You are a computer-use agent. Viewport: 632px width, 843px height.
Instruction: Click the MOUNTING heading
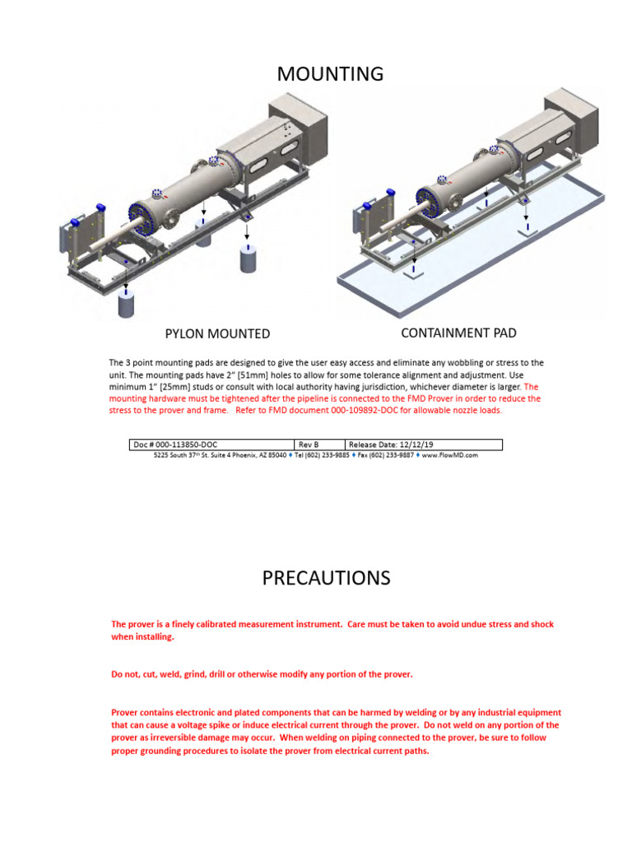330,74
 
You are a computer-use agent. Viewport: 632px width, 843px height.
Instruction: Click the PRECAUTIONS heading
326,578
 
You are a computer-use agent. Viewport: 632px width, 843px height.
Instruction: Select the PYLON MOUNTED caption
217,333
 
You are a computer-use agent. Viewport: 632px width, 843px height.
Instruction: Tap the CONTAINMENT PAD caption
458,333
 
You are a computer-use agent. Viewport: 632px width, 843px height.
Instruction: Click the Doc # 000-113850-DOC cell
175,445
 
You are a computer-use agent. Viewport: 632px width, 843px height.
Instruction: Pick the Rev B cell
309,445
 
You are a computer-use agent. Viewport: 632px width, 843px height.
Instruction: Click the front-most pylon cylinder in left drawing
127,305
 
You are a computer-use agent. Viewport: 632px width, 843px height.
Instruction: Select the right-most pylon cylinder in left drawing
249,258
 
